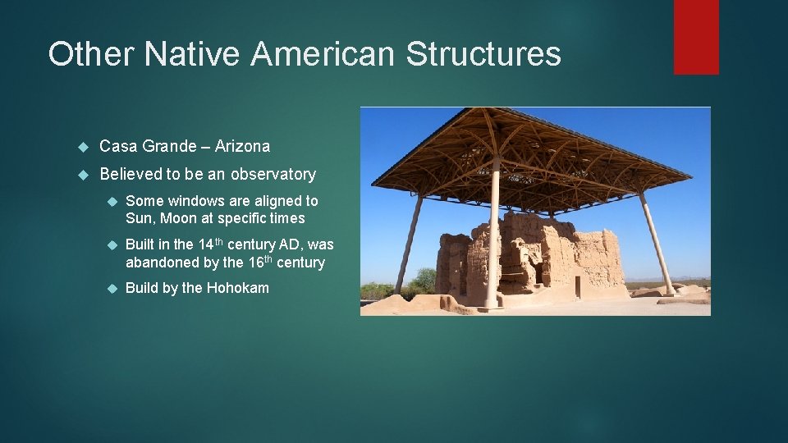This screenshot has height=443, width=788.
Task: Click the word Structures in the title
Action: pos(483,54)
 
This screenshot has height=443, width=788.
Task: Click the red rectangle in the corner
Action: pos(696,36)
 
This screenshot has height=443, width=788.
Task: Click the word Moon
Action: pos(179,218)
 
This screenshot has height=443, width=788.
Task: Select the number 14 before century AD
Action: pos(206,244)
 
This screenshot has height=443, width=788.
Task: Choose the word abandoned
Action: pos(161,263)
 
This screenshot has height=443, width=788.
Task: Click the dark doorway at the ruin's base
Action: pos(577,286)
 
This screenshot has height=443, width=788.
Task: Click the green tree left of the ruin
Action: pos(424,281)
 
